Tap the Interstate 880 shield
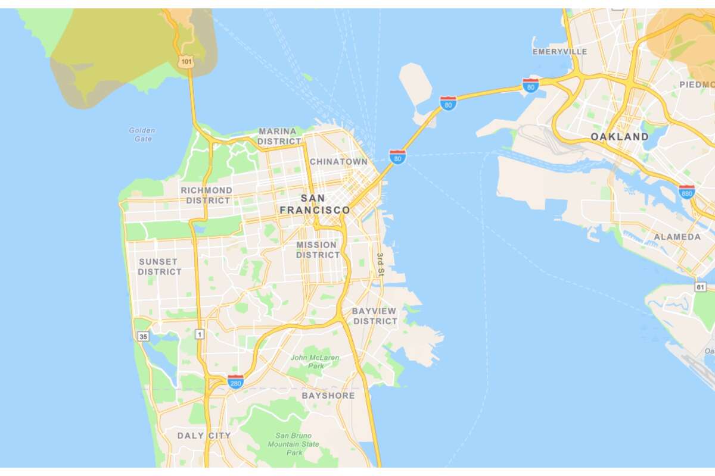click(686, 192)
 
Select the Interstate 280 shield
click(235, 381)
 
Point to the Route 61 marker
click(701, 287)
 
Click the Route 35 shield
click(143, 337)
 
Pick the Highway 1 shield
click(200, 334)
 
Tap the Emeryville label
click(559, 52)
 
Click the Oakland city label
click(619, 137)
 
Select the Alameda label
click(677, 237)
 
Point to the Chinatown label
click(338, 161)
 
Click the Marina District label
click(279, 136)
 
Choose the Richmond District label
click(207, 195)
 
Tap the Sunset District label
click(160, 267)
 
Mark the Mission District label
click(318, 250)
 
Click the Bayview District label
click(374, 316)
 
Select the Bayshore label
click(328, 396)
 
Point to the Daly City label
click(204, 436)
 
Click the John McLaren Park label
click(315, 362)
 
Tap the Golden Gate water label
click(142, 134)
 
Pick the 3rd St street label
click(381, 265)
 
